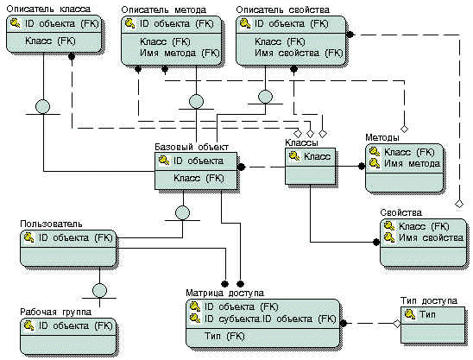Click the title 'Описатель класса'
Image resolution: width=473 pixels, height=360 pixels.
coord(48,9)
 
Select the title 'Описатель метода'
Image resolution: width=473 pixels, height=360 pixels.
coord(164,10)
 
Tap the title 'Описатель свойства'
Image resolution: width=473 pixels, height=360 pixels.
coord(282,10)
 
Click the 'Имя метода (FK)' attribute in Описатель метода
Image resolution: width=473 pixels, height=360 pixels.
coord(180,54)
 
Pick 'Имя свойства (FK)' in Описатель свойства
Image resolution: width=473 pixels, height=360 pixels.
coord(299,54)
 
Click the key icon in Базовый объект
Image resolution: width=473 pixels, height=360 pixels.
coord(164,161)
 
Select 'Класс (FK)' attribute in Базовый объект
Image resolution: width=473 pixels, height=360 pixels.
coord(199,178)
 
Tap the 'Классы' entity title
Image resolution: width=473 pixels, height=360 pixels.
coord(301,142)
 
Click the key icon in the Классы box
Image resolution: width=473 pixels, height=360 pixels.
coord(294,156)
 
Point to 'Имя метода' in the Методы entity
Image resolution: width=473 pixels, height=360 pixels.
coord(412,163)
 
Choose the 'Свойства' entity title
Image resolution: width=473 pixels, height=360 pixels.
coord(400,212)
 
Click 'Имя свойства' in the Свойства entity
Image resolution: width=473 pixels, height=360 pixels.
coord(431,237)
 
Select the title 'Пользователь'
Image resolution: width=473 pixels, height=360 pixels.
coord(51,224)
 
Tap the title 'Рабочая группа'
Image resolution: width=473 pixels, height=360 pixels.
coord(55,312)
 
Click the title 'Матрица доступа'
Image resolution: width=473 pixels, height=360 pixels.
coord(224,293)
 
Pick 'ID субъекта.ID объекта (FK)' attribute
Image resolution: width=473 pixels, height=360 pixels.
coord(270,319)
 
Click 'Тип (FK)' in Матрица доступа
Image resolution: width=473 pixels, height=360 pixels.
coord(224,336)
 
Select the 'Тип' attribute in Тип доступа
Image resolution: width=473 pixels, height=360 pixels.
coord(428,314)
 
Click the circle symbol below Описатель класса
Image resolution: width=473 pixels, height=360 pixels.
coord(42,106)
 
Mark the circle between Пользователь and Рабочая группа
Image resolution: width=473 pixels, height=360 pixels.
coord(99,291)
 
